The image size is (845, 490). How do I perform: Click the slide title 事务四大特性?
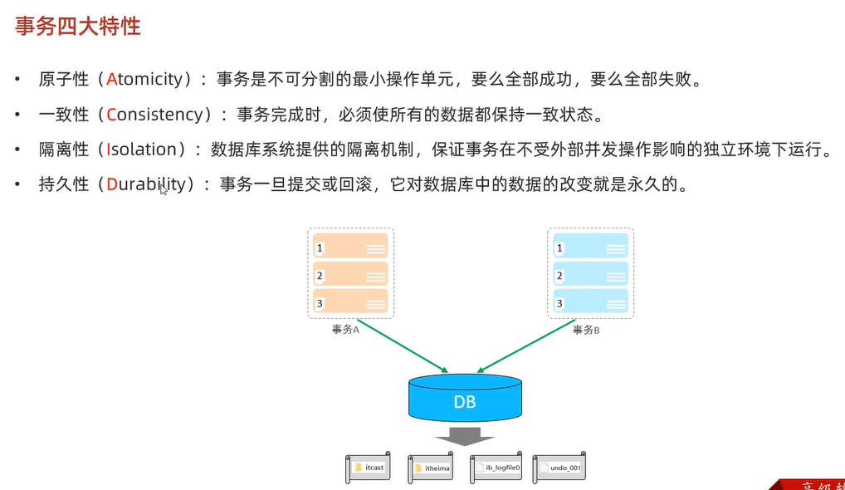click(78, 26)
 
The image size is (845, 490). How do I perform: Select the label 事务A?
click(345, 330)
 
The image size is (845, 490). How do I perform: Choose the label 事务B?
click(587, 330)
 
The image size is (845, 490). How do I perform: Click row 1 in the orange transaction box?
click(350, 247)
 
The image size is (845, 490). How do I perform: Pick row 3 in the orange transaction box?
click(350, 303)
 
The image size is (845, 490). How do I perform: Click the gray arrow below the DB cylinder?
click(465, 435)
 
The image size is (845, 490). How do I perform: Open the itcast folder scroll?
click(369, 468)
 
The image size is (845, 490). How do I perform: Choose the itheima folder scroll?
click(431, 468)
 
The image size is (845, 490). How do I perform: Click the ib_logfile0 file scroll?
click(496, 468)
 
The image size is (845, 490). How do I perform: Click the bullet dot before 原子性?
click(17, 80)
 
